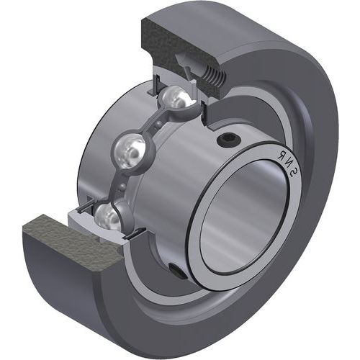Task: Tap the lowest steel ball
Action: [107, 216]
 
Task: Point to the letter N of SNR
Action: [287, 163]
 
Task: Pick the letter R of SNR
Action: [281, 155]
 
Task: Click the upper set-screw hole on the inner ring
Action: [228, 140]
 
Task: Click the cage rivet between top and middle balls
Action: [157, 124]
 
